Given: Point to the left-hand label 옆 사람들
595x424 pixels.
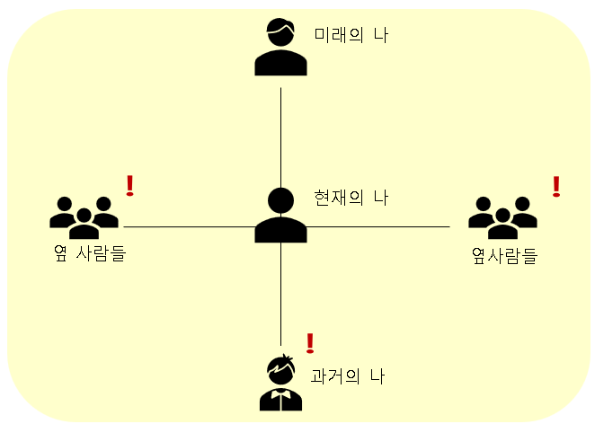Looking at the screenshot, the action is click(x=89, y=253).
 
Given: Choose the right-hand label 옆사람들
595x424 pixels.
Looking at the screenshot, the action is click(x=504, y=256).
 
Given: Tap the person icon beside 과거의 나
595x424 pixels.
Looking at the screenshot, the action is click(x=281, y=384).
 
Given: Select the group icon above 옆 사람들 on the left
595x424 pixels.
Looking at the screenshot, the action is click(x=84, y=212).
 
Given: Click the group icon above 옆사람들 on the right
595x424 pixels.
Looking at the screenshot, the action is click(x=502, y=212).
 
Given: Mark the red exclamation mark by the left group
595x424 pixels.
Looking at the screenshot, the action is click(x=130, y=185).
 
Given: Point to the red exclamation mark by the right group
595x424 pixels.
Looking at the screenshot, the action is click(x=556, y=186).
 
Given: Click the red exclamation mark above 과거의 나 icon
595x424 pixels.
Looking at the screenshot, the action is click(x=311, y=342).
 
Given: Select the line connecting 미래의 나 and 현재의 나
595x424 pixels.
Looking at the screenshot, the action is click(x=281, y=135).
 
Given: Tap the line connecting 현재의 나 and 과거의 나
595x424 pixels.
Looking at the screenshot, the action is click(x=281, y=296).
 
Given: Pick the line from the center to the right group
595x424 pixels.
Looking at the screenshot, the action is click(x=377, y=227).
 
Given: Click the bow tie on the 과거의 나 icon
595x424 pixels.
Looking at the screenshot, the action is click(x=281, y=393).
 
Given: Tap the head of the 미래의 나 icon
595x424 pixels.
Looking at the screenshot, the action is click(x=281, y=32).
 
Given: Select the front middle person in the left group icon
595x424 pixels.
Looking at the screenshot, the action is click(x=84, y=219).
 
